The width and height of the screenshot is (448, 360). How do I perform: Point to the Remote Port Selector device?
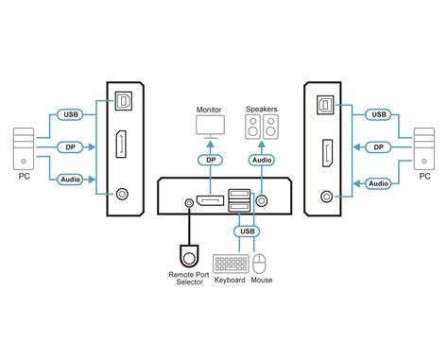(x=190, y=256)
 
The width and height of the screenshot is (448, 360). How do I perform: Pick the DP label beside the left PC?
(x=69, y=147)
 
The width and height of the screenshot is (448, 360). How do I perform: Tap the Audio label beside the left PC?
(x=69, y=180)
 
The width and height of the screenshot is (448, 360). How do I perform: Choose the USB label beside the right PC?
(x=378, y=115)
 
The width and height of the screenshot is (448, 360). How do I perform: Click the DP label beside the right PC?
(x=378, y=147)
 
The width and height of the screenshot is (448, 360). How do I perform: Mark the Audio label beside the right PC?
(x=378, y=183)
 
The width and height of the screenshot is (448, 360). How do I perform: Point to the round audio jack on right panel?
(x=326, y=197)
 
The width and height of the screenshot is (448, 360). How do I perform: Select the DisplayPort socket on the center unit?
(x=209, y=202)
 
